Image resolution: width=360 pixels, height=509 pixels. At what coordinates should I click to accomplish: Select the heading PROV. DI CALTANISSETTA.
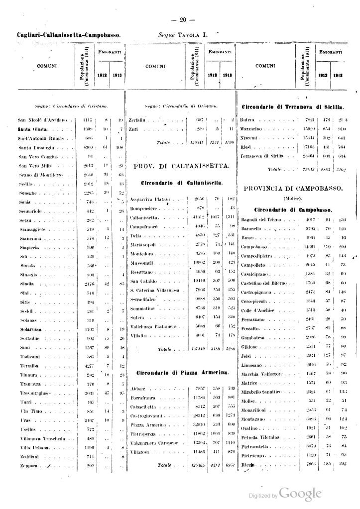coord(181,165)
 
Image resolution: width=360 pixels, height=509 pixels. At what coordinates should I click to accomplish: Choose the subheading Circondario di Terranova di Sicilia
coord(293,107)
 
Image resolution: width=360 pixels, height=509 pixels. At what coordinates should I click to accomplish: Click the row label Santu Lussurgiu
coord(36,148)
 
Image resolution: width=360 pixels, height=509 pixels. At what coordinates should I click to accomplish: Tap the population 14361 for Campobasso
coord(310,247)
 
